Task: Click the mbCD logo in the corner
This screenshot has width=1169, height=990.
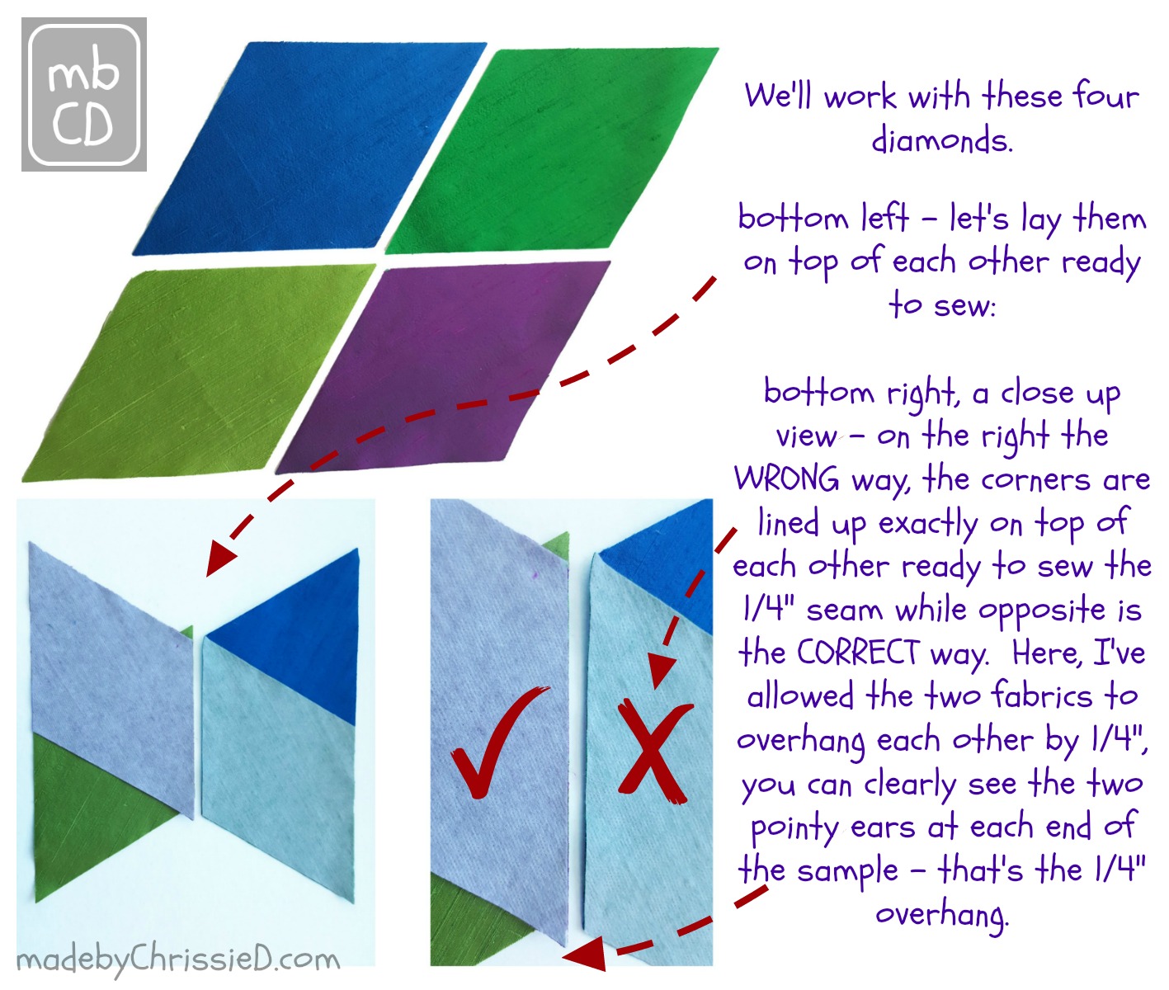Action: click(x=83, y=95)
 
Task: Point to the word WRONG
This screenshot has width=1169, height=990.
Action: click(x=786, y=478)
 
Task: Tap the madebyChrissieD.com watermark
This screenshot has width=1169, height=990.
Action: click(x=178, y=959)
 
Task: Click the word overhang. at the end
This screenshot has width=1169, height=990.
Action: click(x=941, y=914)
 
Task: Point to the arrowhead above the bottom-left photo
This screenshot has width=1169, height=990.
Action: click(x=221, y=557)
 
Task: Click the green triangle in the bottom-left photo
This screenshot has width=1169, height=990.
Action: click(x=91, y=817)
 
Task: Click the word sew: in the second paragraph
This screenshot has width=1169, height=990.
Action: click(x=941, y=304)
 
